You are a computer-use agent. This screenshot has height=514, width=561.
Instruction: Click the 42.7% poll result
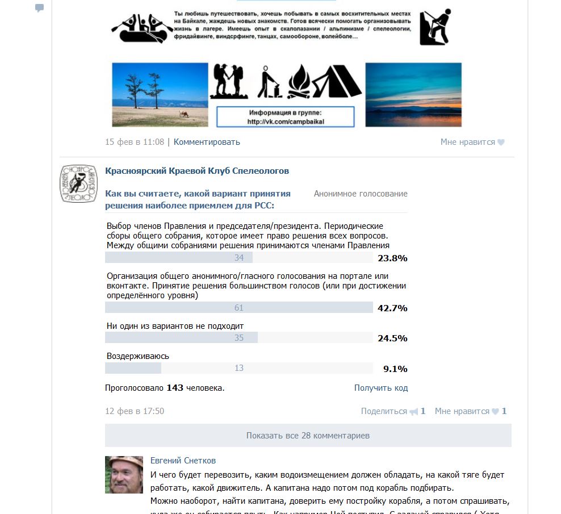pyautogui.click(x=392, y=308)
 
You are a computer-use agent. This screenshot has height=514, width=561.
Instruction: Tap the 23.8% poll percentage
pyautogui.click(x=392, y=258)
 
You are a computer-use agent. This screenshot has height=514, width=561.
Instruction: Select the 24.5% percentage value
pyautogui.click(x=392, y=338)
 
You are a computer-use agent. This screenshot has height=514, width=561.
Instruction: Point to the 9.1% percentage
pyautogui.click(x=395, y=368)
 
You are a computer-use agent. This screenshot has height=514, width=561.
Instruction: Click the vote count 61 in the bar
pyautogui.click(x=239, y=308)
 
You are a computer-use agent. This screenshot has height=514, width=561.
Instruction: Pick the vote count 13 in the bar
pyautogui.click(x=239, y=368)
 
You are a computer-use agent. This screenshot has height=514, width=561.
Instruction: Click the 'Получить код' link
pyautogui.click(x=380, y=388)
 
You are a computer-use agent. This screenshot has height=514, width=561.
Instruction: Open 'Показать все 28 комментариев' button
pyautogui.click(x=308, y=436)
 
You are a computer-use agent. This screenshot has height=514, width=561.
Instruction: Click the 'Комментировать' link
pyautogui.click(x=207, y=142)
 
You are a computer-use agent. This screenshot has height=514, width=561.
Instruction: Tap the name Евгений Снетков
pyautogui.click(x=183, y=461)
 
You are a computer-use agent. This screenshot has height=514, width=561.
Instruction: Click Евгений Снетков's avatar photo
pyautogui.click(x=124, y=474)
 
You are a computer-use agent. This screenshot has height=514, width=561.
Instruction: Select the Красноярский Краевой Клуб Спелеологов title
pyautogui.click(x=197, y=170)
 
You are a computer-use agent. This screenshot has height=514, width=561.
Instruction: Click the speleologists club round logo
pyautogui.click(x=78, y=183)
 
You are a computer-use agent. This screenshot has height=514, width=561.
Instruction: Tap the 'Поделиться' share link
pyautogui.click(x=384, y=411)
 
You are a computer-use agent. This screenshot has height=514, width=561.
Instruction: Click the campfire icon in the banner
pyautogui.click(x=299, y=82)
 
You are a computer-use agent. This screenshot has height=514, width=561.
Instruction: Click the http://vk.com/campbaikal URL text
pyautogui.click(x=286, y=122)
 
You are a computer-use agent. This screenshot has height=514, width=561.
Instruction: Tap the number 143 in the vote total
pyautogui.click(x=175, y=388)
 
